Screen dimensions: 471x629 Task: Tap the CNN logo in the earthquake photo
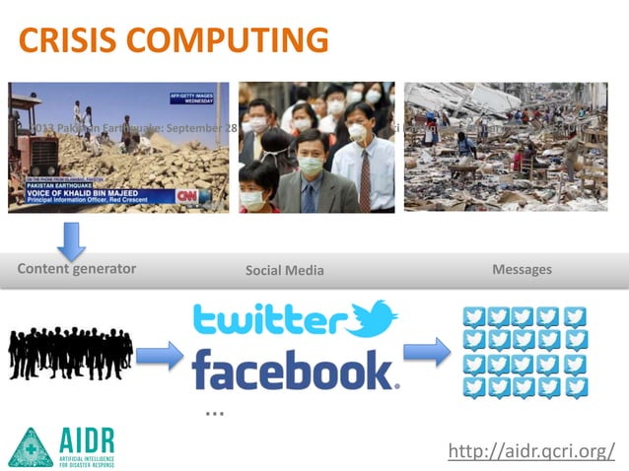pyautogui.click(x=185, y=195)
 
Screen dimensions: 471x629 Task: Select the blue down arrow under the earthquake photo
pyautogui.click(x=72, y=239)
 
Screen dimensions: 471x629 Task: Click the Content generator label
pyautogui.click(x=77, y=269)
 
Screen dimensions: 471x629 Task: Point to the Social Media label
pyautogui.click(x=284, y=270)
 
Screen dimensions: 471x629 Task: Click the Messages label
pyautogui.click(x=522, y=269)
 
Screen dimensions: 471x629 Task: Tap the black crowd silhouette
pyautogui.click(x=71, y=352)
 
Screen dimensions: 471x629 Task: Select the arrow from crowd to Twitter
pyautogui.click(x=160, y=355)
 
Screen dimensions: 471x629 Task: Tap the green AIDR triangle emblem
pyautogui.click(x=30, y=446)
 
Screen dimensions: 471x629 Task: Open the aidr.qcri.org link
pyautogui.click(x=531, y=451)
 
